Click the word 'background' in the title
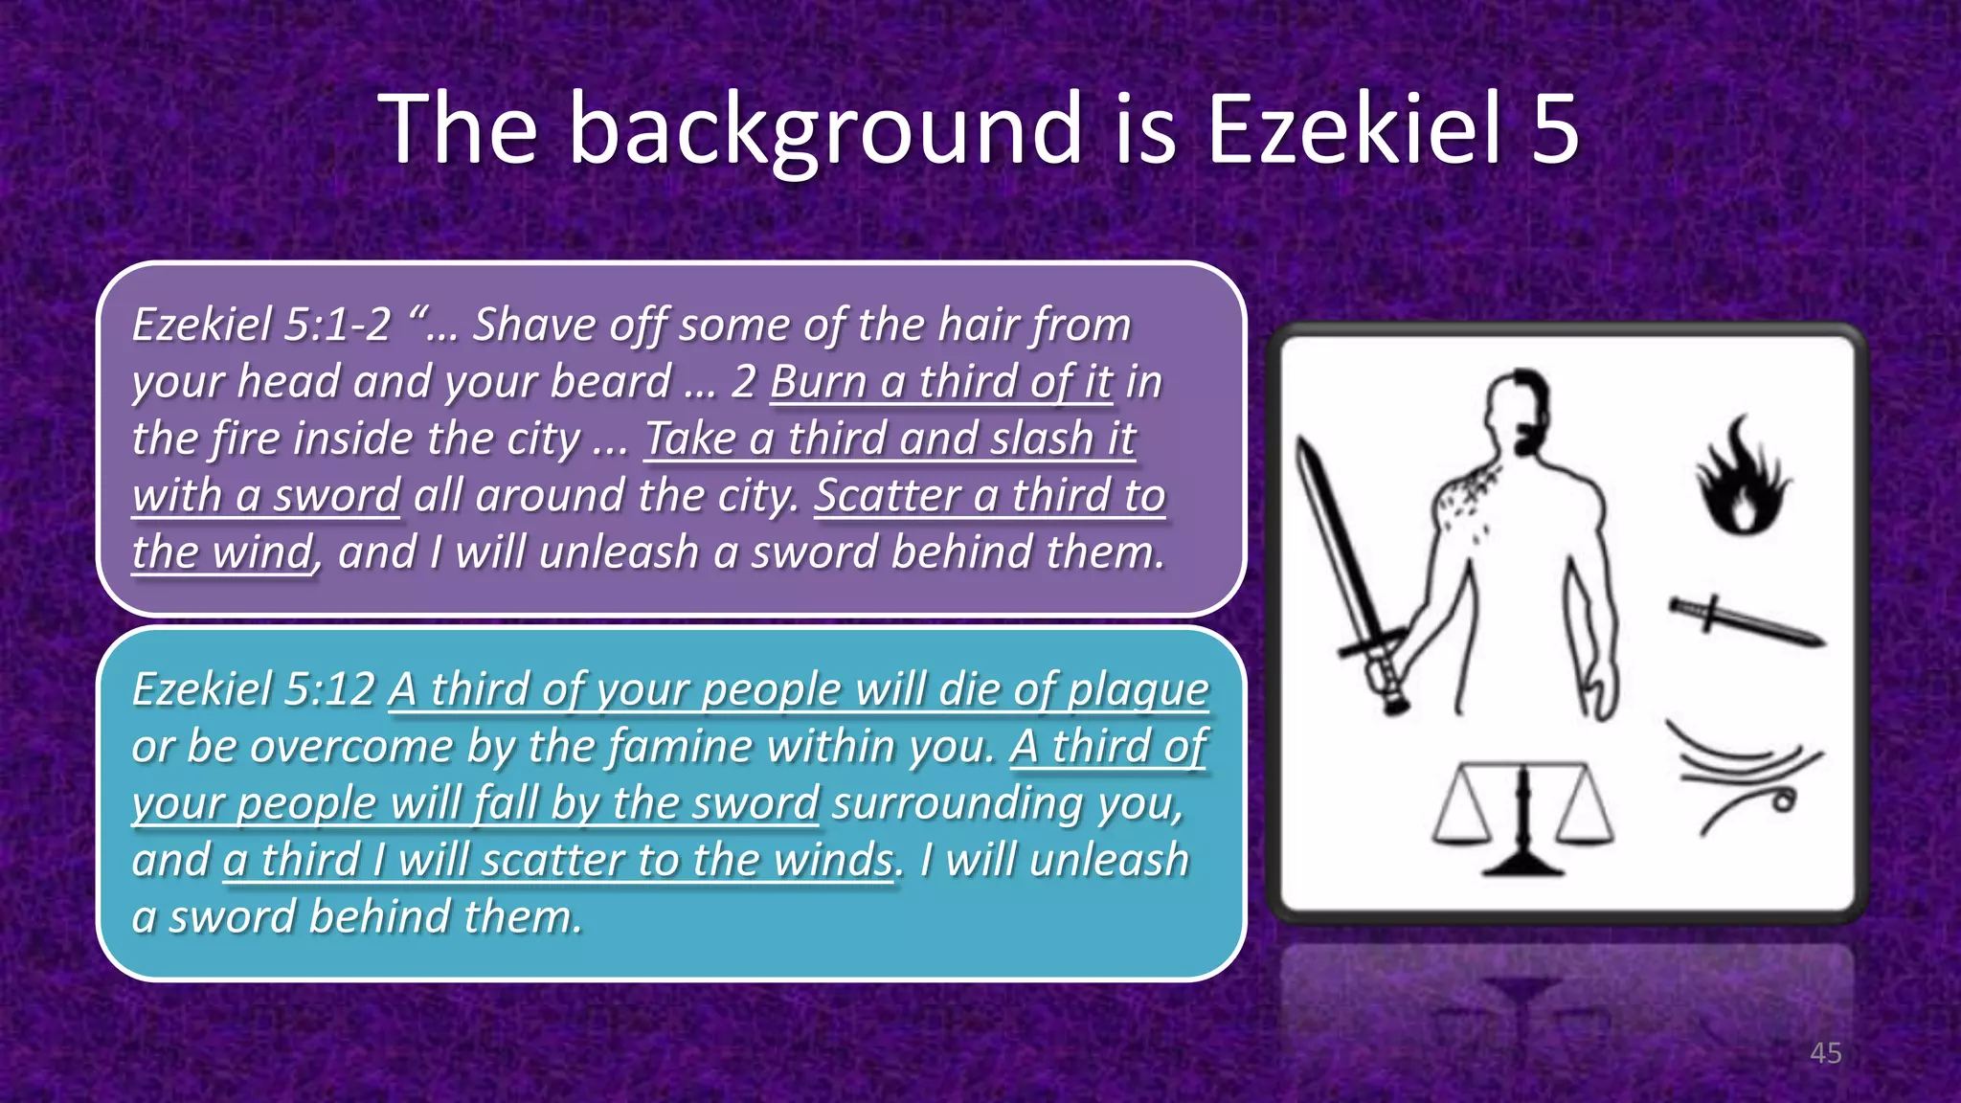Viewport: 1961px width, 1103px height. (x=825, y=129)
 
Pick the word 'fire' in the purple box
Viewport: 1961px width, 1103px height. (x=244, y=439)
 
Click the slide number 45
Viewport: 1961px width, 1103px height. (x=1825, y=1053)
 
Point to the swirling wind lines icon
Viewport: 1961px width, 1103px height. (x=1743, y=776)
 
